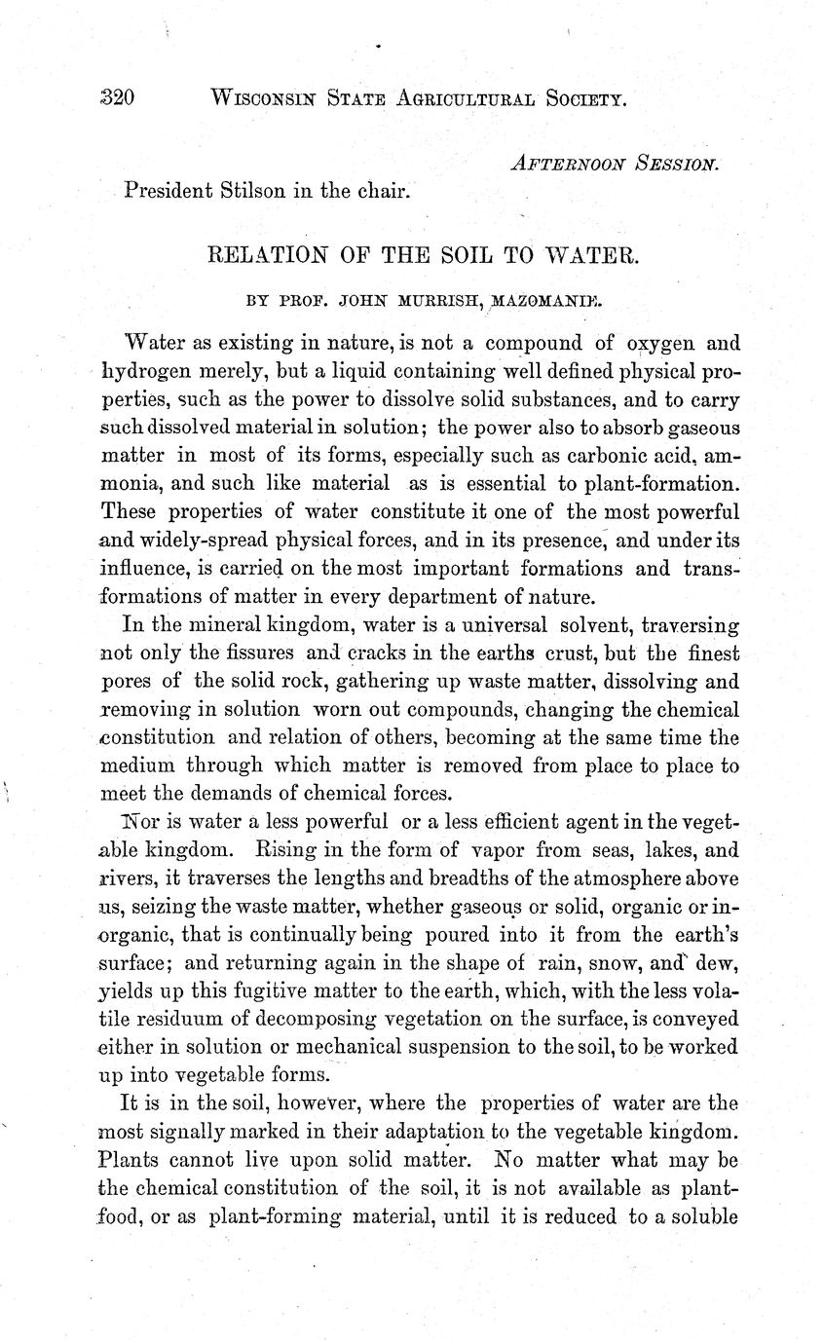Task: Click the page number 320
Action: click(116, 97)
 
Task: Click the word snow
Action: click(631, 964)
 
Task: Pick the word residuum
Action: click(191, 1020)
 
